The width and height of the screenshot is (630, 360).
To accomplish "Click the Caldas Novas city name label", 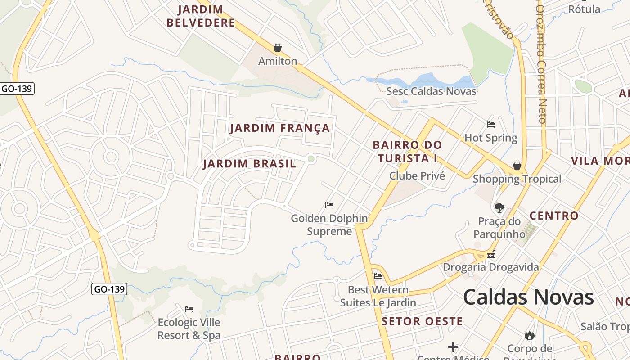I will [x=528, y=297].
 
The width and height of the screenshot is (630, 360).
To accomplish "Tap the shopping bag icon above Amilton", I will [x=278, y=48].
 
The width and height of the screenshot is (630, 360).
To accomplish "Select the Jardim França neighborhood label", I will [x=280, y=128].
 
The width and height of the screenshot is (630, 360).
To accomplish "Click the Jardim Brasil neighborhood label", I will [x=249, y=164].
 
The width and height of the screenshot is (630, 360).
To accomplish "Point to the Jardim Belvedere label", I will [x=201, y=16].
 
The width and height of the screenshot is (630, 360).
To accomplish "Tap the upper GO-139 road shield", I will [x=17, y=89].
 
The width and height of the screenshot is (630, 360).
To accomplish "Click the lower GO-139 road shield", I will [x=109, y=289].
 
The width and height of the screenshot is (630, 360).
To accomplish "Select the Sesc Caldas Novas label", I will [x=431, y=91].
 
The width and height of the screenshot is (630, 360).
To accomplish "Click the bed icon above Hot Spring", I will [x=491, y=125].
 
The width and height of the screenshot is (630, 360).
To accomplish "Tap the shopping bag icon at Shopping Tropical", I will [x=517, y=166].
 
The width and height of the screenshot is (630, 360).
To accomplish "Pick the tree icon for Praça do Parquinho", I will [x=499, y=207].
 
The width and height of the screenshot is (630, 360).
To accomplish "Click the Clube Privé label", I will [x=417, y=176].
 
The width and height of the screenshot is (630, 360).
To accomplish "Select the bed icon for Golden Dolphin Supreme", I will [x=329, y=205].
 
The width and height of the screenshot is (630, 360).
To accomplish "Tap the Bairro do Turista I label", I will [x=407, y=152].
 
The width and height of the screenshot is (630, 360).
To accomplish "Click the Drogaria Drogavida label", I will [x=490, y=267].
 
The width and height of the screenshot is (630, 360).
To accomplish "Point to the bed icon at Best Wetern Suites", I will [x=378, y=276].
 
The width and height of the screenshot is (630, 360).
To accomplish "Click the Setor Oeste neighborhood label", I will [x=422, y=321].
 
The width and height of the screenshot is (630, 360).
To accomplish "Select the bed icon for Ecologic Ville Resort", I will [x=189, y=309].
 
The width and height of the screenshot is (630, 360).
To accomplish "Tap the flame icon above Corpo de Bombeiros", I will [x=529, y=335].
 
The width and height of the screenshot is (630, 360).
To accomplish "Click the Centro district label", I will [x=554, y=216].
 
